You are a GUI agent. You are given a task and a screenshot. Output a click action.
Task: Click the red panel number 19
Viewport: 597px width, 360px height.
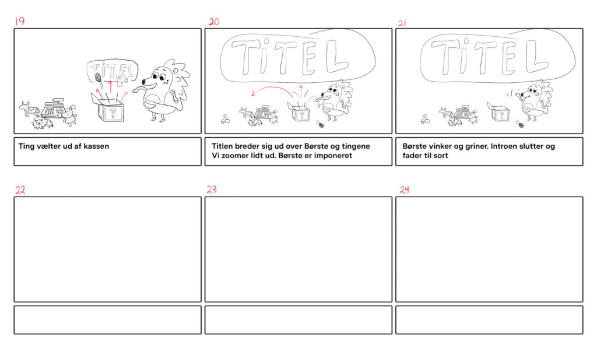[19, 21]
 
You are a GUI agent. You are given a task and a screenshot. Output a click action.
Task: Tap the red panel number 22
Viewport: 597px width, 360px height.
[20, 190]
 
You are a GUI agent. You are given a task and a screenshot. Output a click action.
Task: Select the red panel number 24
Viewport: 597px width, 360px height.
[405, 189]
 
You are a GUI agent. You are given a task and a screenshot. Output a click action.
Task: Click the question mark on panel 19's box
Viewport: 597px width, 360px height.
[113, 112]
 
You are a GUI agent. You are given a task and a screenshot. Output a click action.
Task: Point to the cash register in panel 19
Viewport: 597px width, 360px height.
[53, 109]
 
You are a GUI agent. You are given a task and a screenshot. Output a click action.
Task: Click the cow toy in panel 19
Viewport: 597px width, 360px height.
[29, 109]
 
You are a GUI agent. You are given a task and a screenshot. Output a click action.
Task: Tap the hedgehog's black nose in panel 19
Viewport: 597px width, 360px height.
[143, 82]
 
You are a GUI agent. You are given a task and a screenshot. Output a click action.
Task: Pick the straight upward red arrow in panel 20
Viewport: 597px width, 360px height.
[301, 92]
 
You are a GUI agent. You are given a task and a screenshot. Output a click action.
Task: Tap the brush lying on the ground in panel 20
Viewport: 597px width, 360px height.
[320, 124]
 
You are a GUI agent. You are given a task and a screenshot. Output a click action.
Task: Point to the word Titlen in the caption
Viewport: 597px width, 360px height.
[222, 146]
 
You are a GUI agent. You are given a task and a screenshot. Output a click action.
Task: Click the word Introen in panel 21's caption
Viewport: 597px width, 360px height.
[504, 146]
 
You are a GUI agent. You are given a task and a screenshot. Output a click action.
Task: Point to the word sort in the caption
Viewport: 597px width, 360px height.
[441, 155]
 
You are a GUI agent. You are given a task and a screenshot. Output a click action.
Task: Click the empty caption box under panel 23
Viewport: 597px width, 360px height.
[298, 320]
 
